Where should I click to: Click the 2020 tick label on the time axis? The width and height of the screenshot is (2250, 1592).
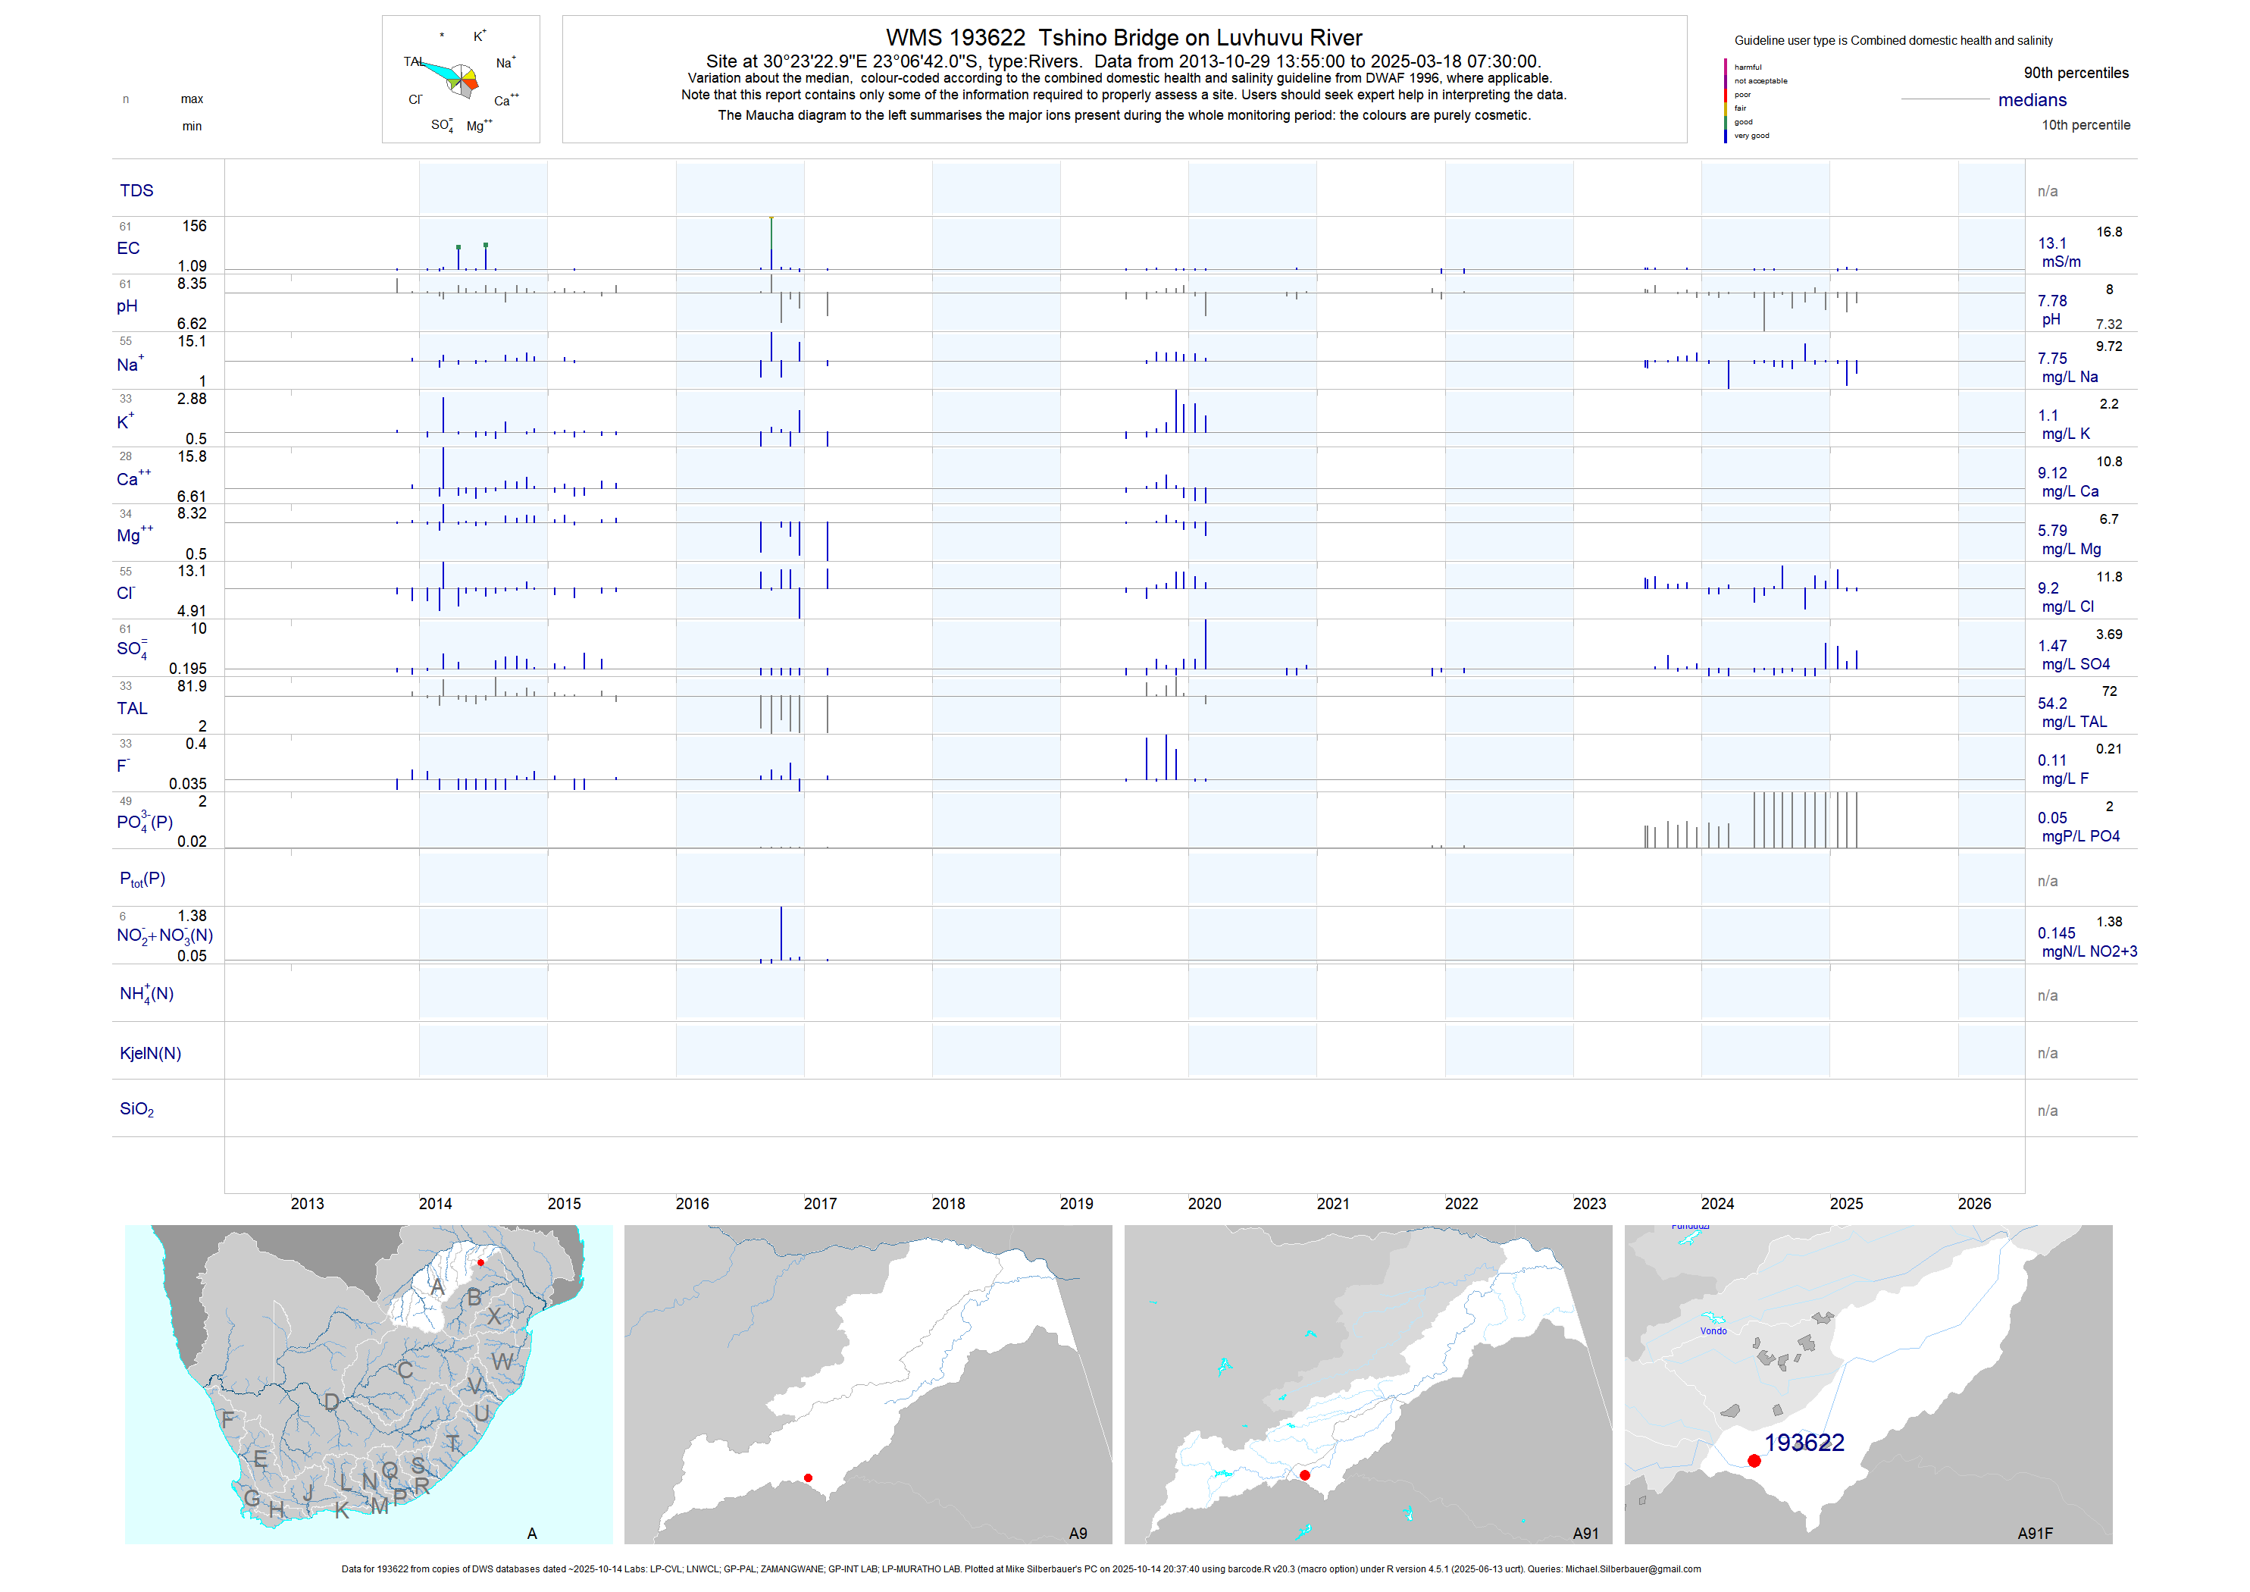click(1204, 1204)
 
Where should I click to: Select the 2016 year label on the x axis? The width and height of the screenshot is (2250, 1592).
click(692, 1204)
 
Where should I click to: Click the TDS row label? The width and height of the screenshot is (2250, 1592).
click(136, 190)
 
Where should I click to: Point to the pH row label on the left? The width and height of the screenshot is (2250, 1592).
click(127, 306)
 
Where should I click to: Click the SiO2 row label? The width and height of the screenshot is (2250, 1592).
click(136, 1110)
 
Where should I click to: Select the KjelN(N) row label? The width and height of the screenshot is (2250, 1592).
click(150, 1054)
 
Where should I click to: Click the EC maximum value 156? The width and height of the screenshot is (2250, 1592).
click(194, 227)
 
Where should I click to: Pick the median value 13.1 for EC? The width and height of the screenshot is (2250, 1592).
click(2052, 243)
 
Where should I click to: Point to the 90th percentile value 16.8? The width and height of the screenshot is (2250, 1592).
click(2109, 232)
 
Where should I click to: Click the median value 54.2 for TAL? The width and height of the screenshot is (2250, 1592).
click(2052, 704)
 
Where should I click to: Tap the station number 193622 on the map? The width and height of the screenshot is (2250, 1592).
click(1804, 1443)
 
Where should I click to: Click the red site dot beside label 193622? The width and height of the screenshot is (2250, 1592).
click(1754, 1461)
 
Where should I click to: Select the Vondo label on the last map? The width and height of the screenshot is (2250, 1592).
click(1713, 1331)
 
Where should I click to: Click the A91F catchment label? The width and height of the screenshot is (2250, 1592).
click(2035, 1533)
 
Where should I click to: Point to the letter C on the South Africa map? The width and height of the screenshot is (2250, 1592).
click(405, 1371)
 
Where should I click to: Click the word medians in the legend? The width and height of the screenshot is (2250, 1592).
click(2033, 100)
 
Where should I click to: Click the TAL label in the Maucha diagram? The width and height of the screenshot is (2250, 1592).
click(412, 61)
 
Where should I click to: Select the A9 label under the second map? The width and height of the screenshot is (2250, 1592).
click(1077, 1533)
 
